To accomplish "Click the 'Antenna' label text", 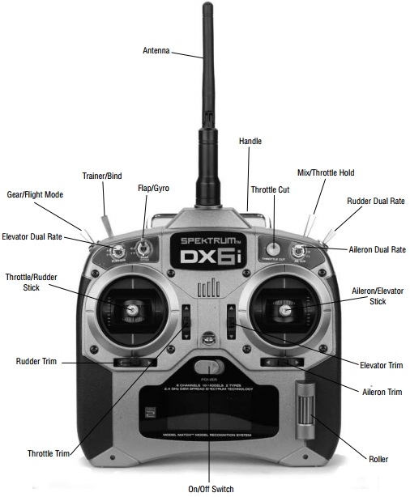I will pos(156,50).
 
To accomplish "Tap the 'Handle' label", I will pos(250,141).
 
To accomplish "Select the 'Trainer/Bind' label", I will pos(101,176).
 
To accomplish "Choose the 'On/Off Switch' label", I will pos(211,489).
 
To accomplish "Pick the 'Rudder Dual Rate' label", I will pos(375,202).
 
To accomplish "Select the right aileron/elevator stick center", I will pos(284,308).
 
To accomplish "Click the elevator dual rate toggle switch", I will pos(117,249).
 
